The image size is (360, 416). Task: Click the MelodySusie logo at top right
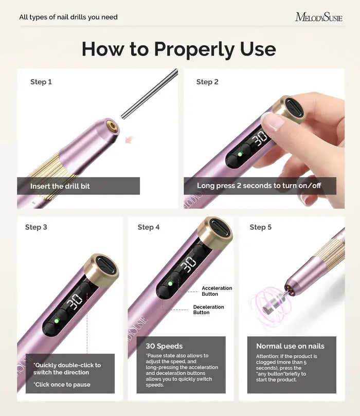coord(318,17)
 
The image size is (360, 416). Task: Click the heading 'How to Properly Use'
coord(178,49)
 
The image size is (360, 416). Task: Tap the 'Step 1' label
coord(41,82)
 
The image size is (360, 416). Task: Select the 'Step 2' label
coord(207,82)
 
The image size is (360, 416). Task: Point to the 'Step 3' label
coord(36,227)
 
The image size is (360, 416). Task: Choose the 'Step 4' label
coord(149,227)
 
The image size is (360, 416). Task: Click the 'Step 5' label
coord(261,227)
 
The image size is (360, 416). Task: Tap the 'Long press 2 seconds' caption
coord(259,186)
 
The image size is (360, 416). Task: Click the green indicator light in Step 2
coord(240,154)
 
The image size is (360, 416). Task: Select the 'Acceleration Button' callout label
coord(217,291)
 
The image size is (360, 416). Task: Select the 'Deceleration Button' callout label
coord(208,310)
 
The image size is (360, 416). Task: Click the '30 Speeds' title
coord(164,346)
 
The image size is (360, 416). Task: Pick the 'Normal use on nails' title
coord(290,346)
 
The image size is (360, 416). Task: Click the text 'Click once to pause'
coord(62,384)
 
